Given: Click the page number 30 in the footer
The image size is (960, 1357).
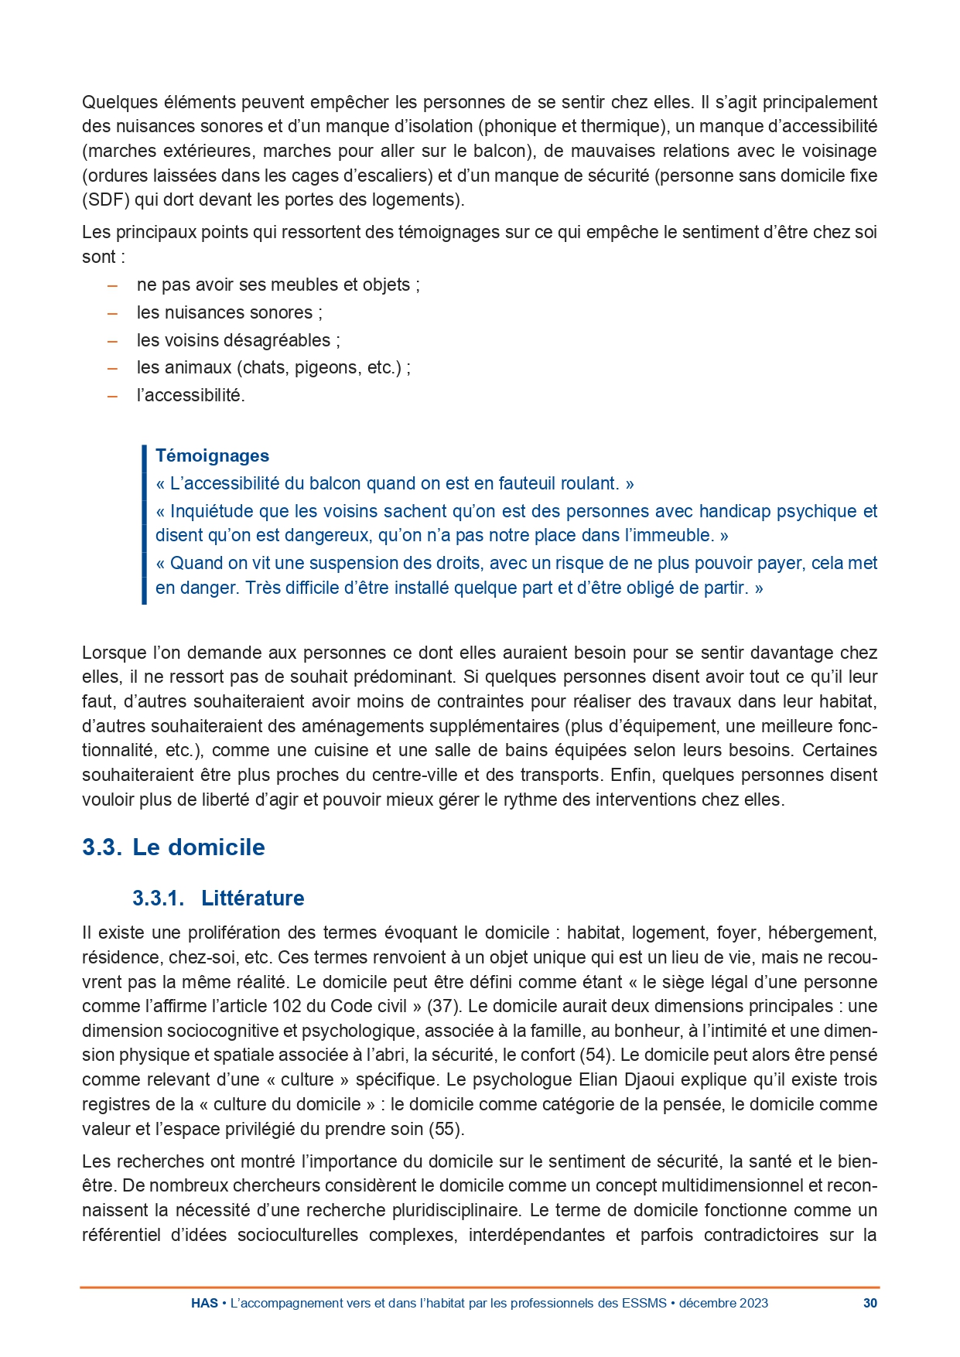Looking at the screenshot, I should pos(870,1303).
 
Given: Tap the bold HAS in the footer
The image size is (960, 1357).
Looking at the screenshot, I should pos(204,1303).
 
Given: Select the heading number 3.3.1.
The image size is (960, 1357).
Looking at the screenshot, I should pos(158,898).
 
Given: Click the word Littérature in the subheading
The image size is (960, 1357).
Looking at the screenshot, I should pos(253,898).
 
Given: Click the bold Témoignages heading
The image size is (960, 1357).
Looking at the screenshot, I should pos(212,455).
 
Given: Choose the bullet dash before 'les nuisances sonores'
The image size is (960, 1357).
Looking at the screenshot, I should pos(113,312).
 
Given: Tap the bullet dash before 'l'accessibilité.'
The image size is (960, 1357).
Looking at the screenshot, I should pos(113,395).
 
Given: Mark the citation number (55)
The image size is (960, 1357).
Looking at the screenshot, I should pos(446,1128).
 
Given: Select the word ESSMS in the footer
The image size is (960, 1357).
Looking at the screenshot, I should pos(644,1303).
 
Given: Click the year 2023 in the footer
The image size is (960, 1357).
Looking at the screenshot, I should pos(753,1303).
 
